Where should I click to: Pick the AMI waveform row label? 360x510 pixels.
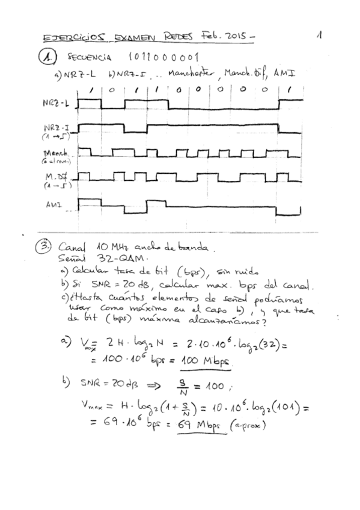tap(53, 204)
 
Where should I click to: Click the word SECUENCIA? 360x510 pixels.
tap(90, 58)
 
